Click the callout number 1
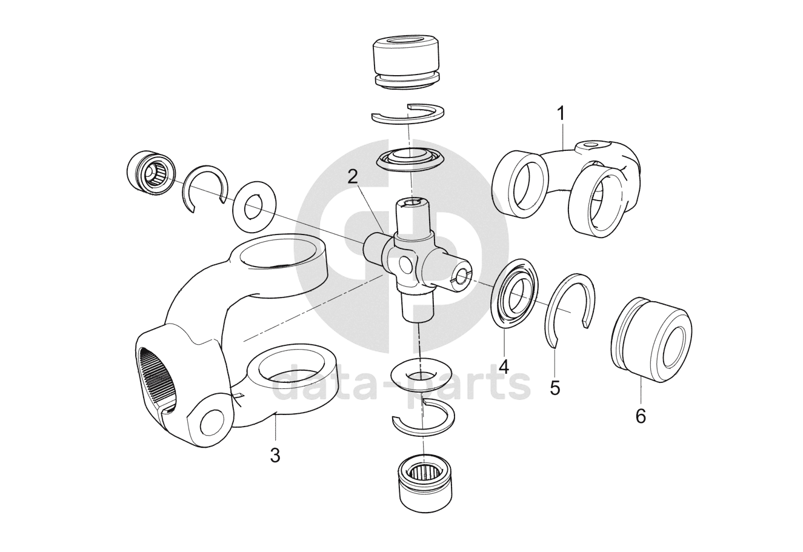click(561, 112)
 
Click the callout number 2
click(353, 176)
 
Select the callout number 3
click(275, 455)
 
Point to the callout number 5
click(555, 387)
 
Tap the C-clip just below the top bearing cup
click(408, 114)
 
